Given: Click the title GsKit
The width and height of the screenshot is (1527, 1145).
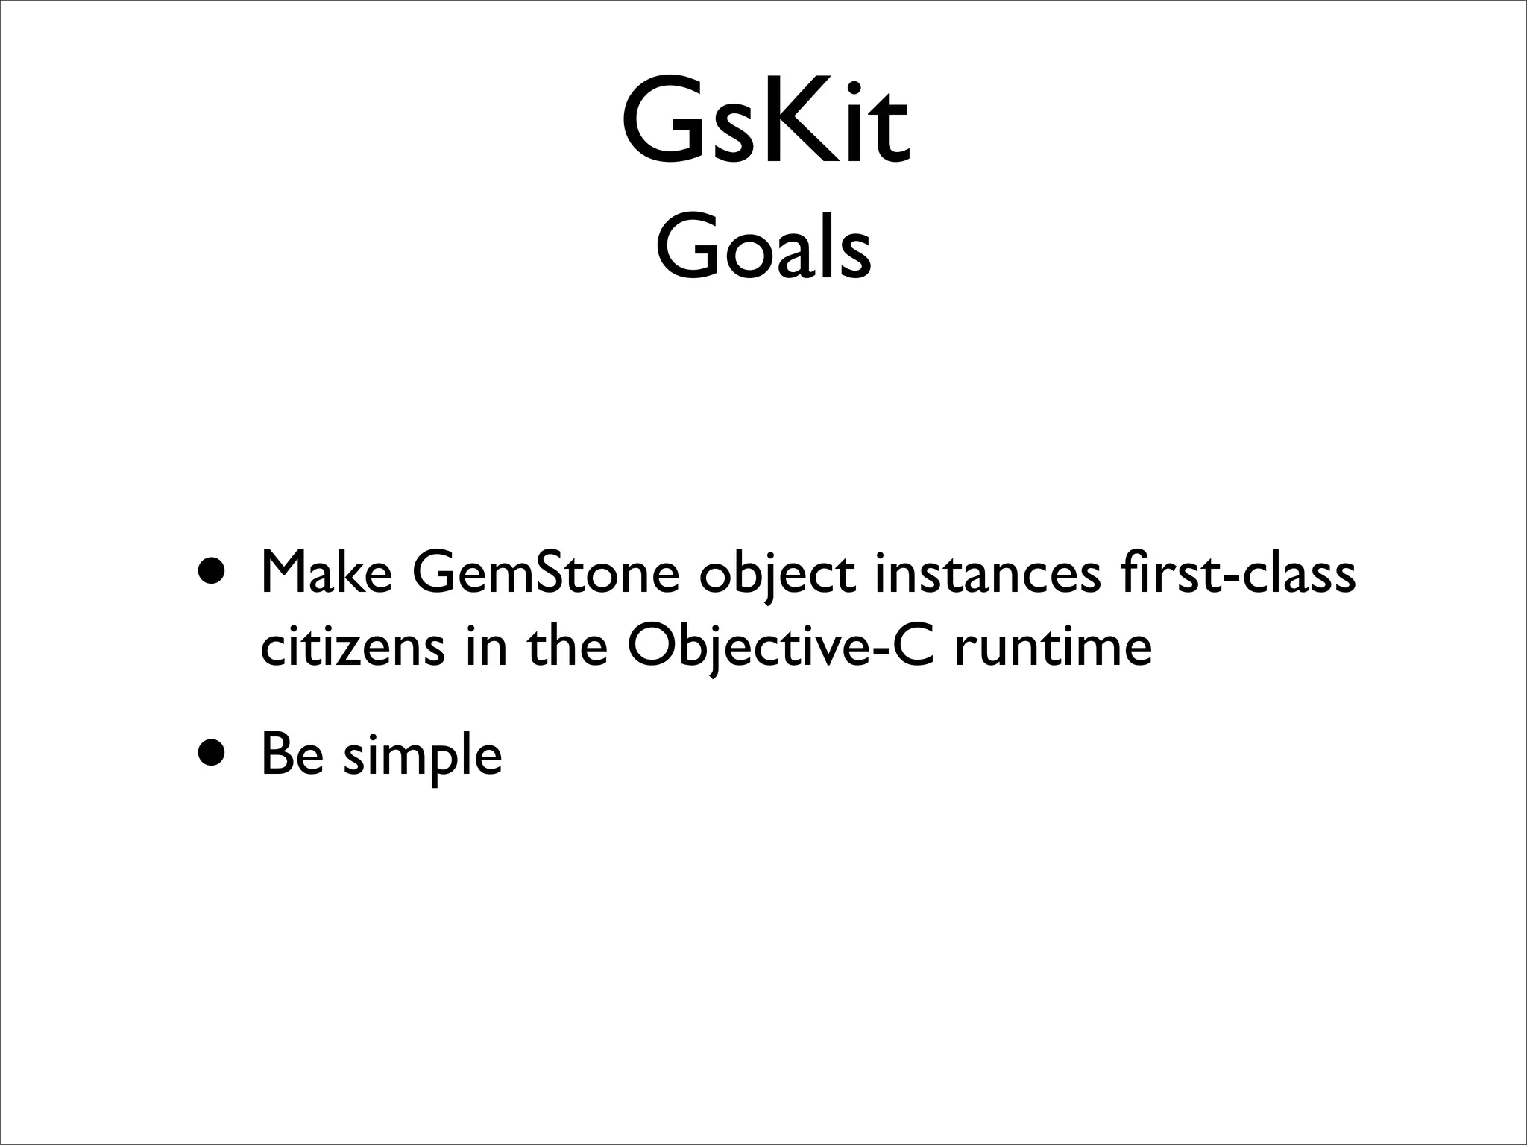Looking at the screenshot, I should coord(765,121).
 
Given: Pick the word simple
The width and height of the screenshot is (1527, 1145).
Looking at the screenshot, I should coord(422,755).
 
